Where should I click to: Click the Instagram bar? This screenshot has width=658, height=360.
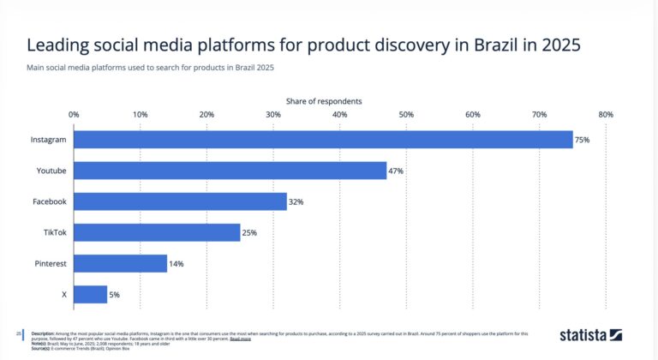pos(323,140)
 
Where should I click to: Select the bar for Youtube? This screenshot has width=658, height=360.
pos(230,171)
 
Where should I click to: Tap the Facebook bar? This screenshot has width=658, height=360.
pos(180,201)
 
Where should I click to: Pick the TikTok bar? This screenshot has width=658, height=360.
pos(157,232)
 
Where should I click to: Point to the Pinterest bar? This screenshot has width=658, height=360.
pos(120,263)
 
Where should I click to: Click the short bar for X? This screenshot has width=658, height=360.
pos(90,295)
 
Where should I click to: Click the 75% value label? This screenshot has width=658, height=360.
pos(583,140)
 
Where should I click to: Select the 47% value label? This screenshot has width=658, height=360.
pos(396,171)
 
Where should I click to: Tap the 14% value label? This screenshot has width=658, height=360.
pos(176,264)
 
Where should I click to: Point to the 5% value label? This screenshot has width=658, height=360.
pos(115,296)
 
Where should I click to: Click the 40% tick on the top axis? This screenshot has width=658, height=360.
pos(339,114)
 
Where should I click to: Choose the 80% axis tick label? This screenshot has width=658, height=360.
pos(606,114)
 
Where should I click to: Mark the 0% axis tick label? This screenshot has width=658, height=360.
pos(74,114)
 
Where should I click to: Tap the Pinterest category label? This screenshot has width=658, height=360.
pos(51,264)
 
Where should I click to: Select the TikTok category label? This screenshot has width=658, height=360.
pos(55,233)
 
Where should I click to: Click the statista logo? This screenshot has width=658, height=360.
pos(590,335)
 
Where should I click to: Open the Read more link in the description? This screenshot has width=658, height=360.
pos(240,339)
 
